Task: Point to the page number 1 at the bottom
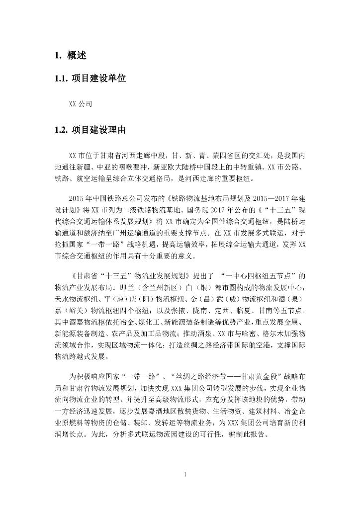coord(185,475)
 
